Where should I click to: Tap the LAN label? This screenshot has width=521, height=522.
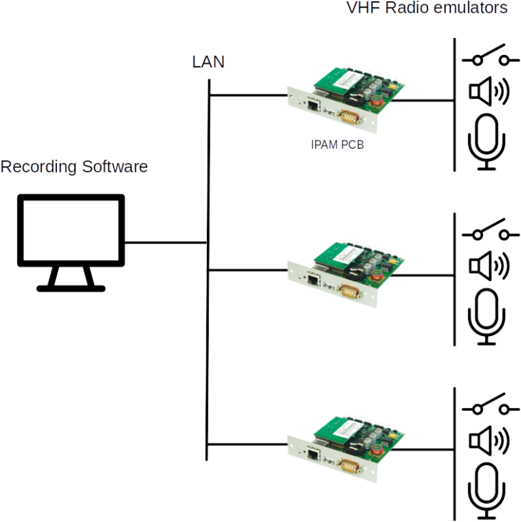(x=208, y=62)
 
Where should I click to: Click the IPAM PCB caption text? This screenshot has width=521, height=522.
(x=337, y=144)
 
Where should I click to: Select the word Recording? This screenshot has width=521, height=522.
(x=39, y=166)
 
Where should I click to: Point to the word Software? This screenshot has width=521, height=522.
(x=115, y=166)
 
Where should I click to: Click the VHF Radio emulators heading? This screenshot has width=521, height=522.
(x=427, y=8)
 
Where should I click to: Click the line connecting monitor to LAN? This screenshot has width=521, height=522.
(x=166, y=242)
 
